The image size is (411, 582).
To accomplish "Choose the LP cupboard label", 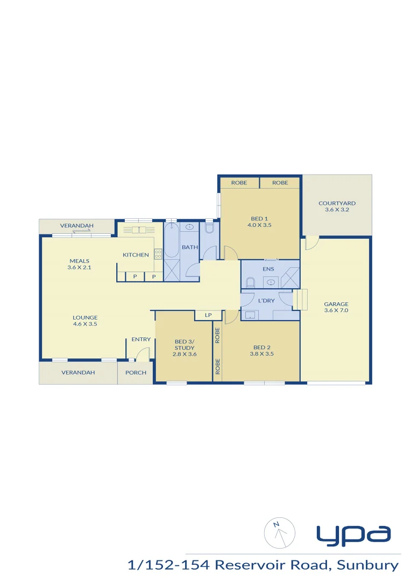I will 208,315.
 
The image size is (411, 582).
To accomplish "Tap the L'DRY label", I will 267,300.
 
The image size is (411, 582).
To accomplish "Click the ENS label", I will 268,269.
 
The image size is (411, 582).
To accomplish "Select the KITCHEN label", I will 136,255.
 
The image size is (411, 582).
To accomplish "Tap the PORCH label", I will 136,372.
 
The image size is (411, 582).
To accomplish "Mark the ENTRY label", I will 141,339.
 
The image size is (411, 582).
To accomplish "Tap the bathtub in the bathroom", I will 172,241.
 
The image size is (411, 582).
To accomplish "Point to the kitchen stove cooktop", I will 158,254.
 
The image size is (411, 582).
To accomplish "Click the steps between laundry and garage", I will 300,299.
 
